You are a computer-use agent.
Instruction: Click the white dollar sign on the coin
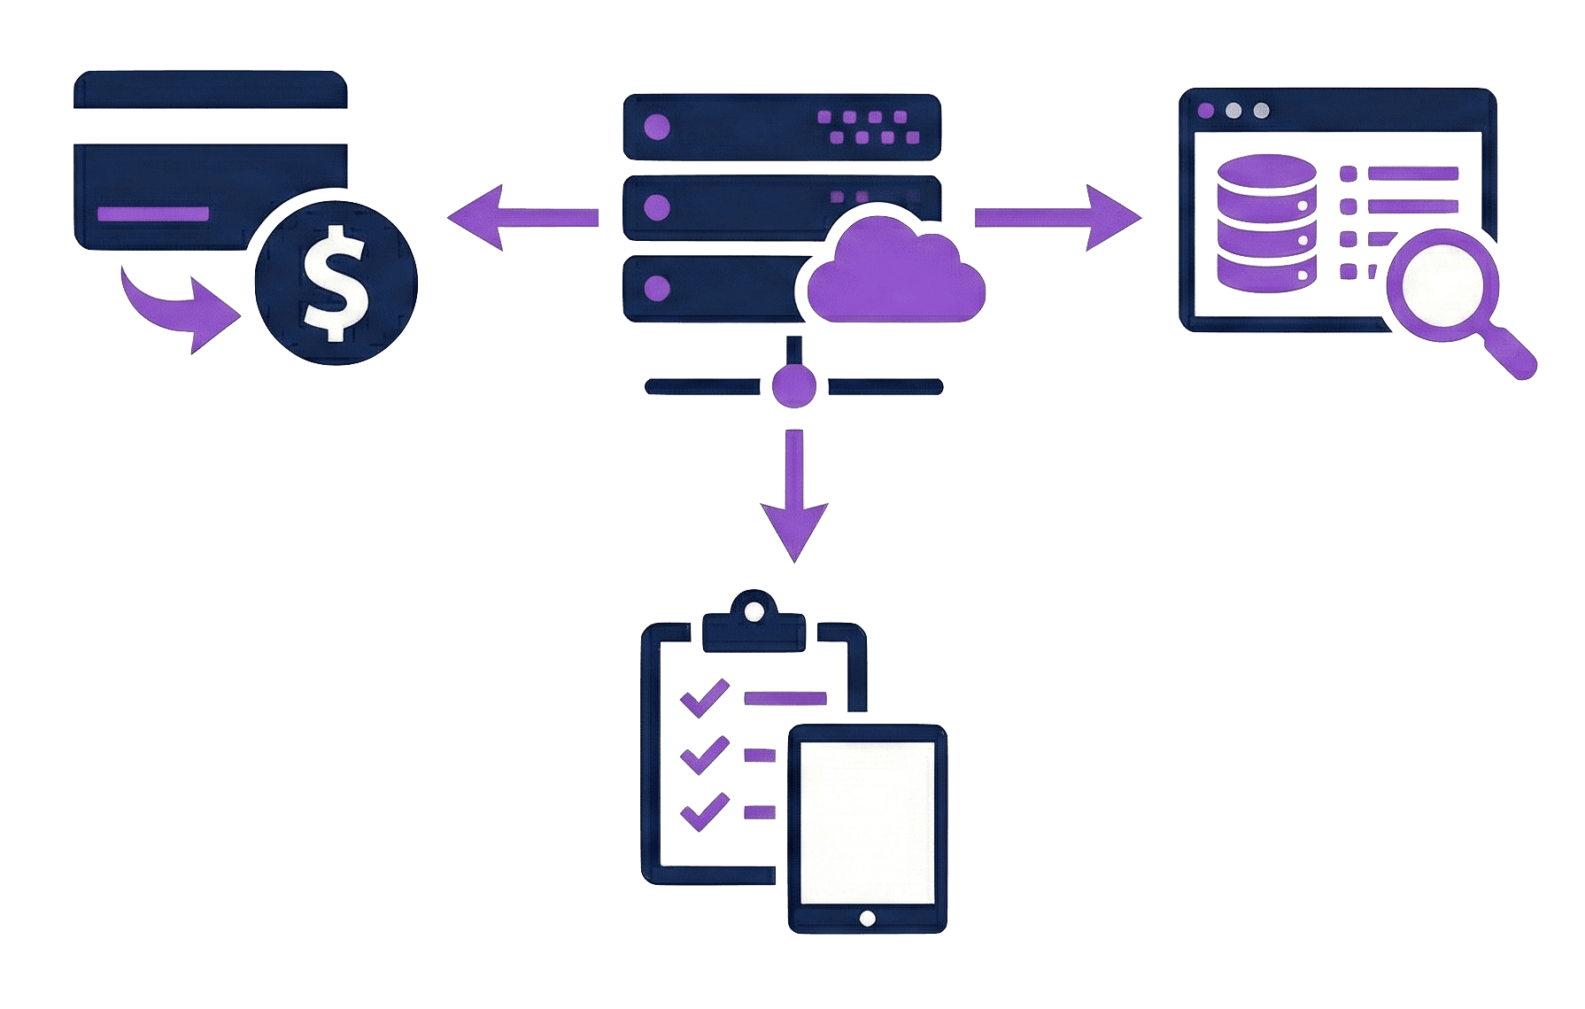click(x=334, y=283)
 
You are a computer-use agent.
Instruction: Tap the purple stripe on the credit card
click(x=152, y=214)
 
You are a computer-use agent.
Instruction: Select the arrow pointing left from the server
click(x=522, y=216)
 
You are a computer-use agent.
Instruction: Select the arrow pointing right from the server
click(x=1059, y=218)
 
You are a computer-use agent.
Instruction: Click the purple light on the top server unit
click(x=656, y=127)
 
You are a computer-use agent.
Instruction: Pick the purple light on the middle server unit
click(x=656, y=208)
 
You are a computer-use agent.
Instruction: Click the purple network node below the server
click(x=793, y=386)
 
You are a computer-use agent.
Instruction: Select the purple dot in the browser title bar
click(x=1206, y=111)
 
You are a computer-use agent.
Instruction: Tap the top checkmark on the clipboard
click(x=703, y=697)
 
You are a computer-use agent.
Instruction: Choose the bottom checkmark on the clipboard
click(x=703, y=811)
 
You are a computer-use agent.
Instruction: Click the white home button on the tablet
click(x=868, y=918)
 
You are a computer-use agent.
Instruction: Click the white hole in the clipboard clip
click(x=754, y=611)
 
